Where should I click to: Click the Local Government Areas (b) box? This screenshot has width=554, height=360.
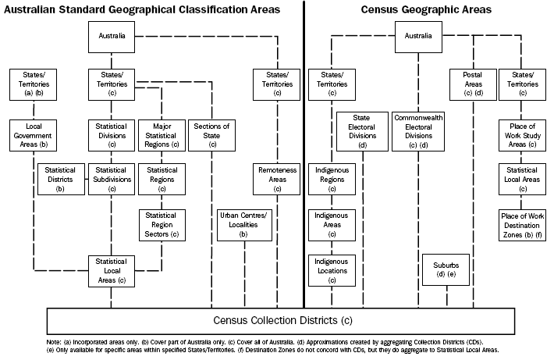point(33,134)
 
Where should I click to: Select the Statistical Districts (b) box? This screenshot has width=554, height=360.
point(60,179)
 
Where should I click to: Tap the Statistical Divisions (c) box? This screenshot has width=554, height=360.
point(111,134)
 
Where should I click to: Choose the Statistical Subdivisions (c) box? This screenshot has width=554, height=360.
point(111,179)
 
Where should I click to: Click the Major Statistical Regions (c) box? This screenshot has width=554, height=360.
point(162,134)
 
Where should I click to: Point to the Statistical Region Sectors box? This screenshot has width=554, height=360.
point(162,223)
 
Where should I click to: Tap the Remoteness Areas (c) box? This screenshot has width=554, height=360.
point(278,179)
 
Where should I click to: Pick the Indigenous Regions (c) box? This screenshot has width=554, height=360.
point(332,179)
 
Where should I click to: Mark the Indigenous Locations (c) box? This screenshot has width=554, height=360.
point(332,270)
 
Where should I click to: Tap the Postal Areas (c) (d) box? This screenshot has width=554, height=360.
point(473,84)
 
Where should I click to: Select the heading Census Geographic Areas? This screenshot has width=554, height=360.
point(426,10)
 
